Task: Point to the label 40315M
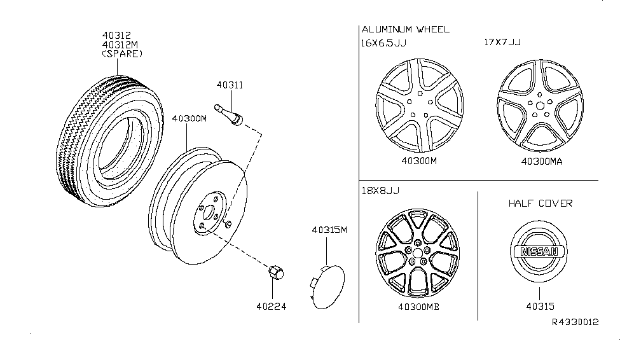pyautogui.click(x=330, y=230)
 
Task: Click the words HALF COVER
pyautogui.click(x=540, y=204)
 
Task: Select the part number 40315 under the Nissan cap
pyautogui.click(x=539, y=306)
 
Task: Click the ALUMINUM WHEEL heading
pyautogui.click(x=405, y=29)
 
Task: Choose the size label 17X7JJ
pyautogui.click(x=501, y=43)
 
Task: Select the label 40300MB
pyautogui.click(x=418, y=307)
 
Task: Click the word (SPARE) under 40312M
pyautogui.click(x=122, y=54)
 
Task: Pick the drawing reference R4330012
pyautogui.click(x=575, y=322)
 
